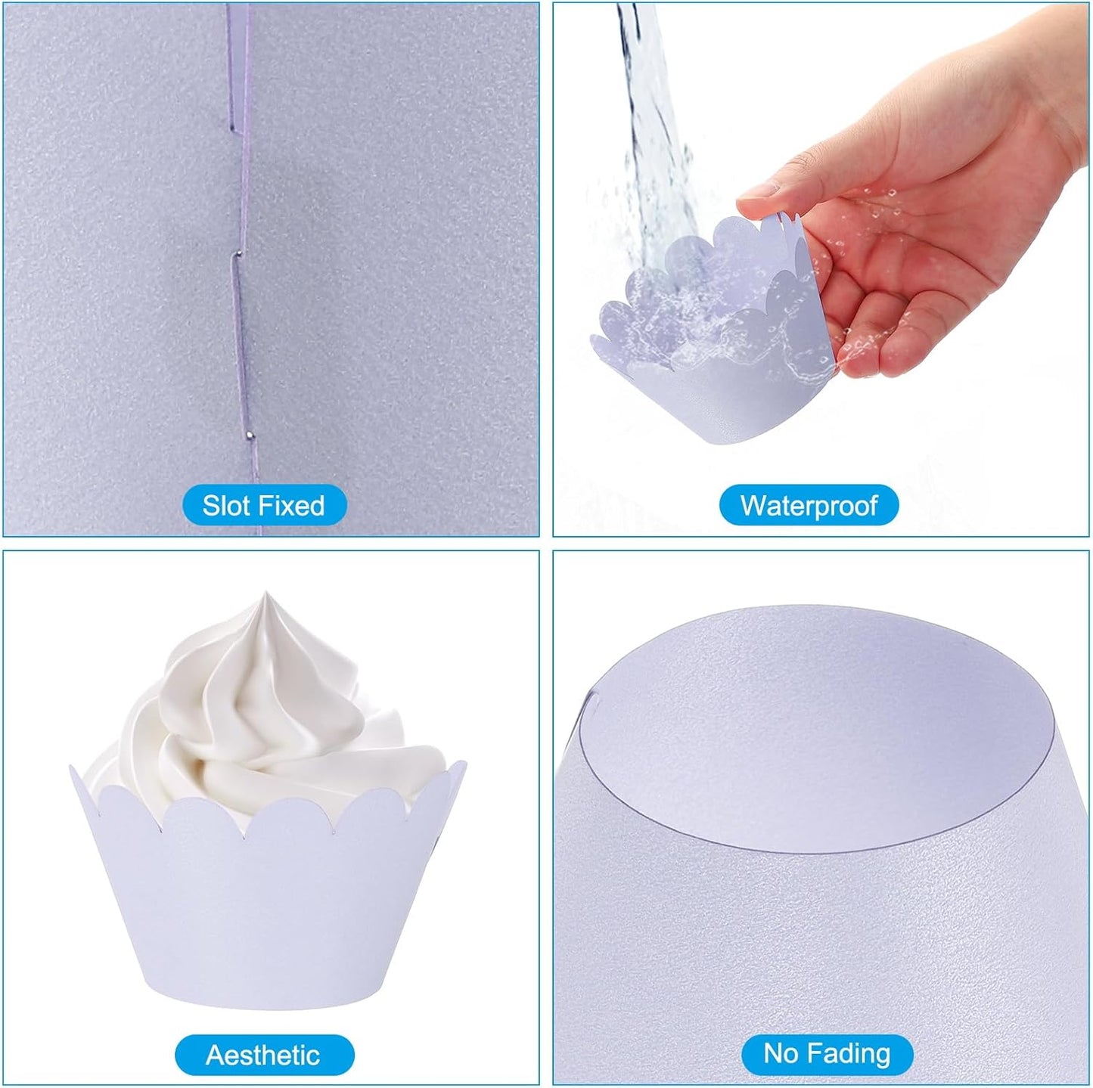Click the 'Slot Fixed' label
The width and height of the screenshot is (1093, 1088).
pyautogui.click(x=263, y=505)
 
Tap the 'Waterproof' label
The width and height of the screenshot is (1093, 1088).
pyautogui.click(x=809, y=505)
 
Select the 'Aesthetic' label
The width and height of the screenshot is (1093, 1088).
pyautogui.click(x=263, y=1055)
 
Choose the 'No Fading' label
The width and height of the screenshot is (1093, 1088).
pyautogui.click(x=827, y=1053)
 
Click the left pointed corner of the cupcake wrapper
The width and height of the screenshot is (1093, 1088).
pyautogui.click(x=73, y=767)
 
